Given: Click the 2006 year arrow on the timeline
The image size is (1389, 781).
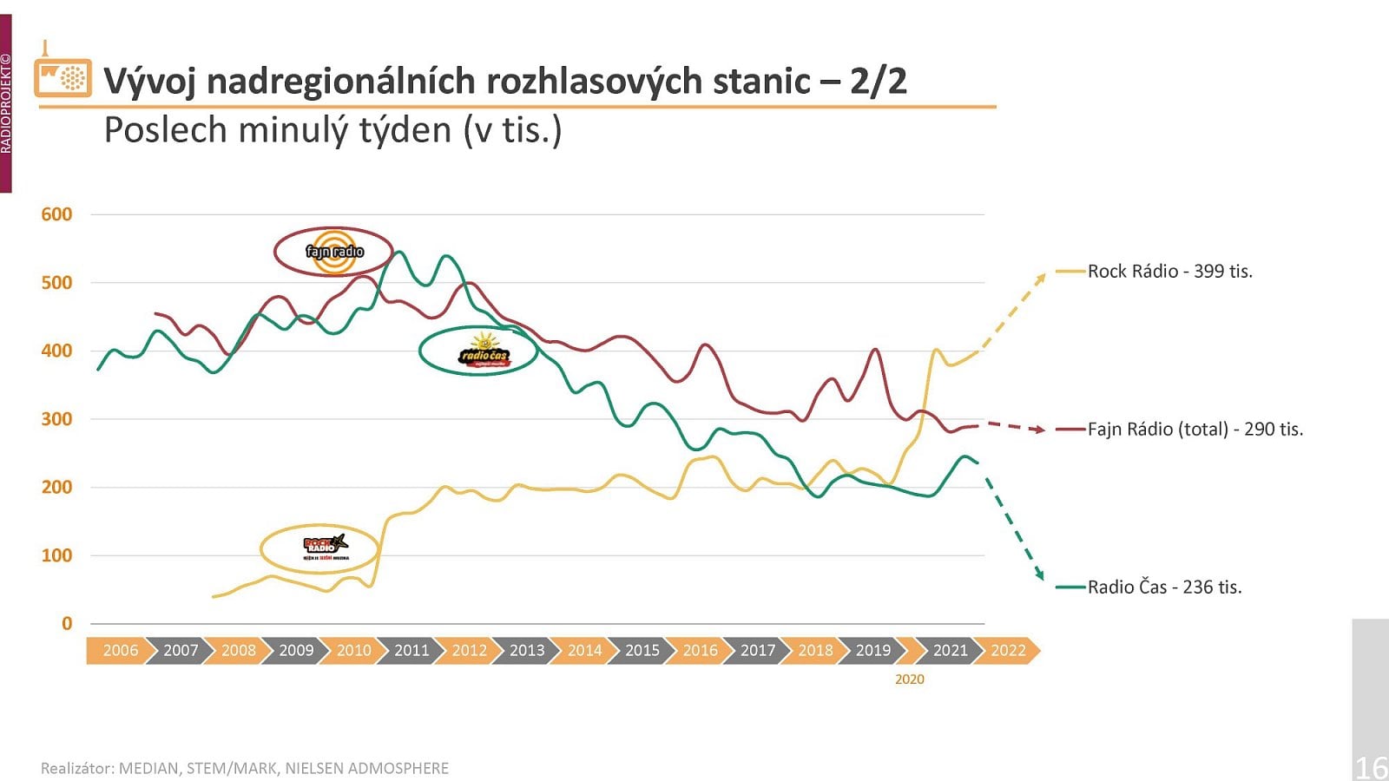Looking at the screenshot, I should pyautogui.click(x=120, y=650).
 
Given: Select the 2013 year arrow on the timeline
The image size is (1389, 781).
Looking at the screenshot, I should pyautogui.click(x=526, y=650).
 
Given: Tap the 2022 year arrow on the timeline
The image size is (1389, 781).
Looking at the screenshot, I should pyautogui.click(x=1008, y=650).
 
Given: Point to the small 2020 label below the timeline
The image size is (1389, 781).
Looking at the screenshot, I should pyautogui.click(x=910, y=679).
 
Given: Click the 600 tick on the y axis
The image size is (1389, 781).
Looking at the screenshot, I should pyautogui.click(x=56, y=214).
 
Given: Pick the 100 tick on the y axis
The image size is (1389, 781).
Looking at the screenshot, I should pyautogui.click(x=56, y=555).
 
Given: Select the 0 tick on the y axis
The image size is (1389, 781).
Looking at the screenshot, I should pyautogui.click(x=67, y=623).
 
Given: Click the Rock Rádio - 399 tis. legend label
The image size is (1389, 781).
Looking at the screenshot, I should pyautogui.click(x=1169, y=272).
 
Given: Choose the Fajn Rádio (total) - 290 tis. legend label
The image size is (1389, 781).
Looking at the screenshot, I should pyautogui.click(x=1195, y=430).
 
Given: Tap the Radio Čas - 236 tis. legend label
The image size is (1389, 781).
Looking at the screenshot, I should pyautogui.click(x=1164, y=587).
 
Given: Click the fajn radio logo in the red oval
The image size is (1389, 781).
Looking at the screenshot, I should pyautogui.click(x=334, y=252).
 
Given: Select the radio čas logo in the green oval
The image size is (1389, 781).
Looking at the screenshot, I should pyautogui.click(x=483, y=351).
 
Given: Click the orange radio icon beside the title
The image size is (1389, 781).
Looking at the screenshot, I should pyautogui.click(x=63, y=77).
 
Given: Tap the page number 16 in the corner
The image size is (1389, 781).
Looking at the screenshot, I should pyautogui.click(x=1371, y=767).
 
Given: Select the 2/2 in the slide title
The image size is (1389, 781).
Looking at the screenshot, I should pyautogui.click(x=878, y=82).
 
